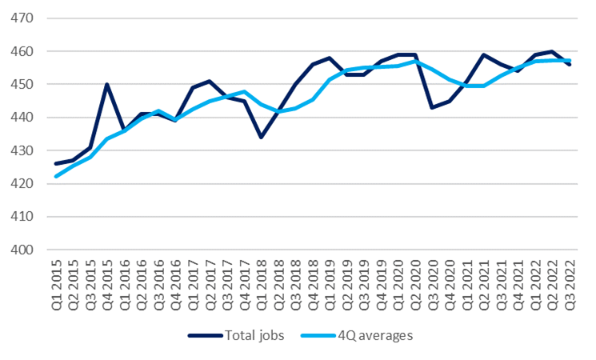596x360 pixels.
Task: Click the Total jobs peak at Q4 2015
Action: (107, 84)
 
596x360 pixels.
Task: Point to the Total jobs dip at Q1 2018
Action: (262, 137)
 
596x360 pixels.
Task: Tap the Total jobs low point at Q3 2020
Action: (433, 107)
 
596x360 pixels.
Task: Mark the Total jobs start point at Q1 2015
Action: (56, 163)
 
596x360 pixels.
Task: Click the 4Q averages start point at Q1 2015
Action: (56, 177)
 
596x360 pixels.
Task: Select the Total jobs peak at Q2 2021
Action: (484, 54)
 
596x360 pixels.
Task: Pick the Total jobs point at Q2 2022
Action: (553, 51)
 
